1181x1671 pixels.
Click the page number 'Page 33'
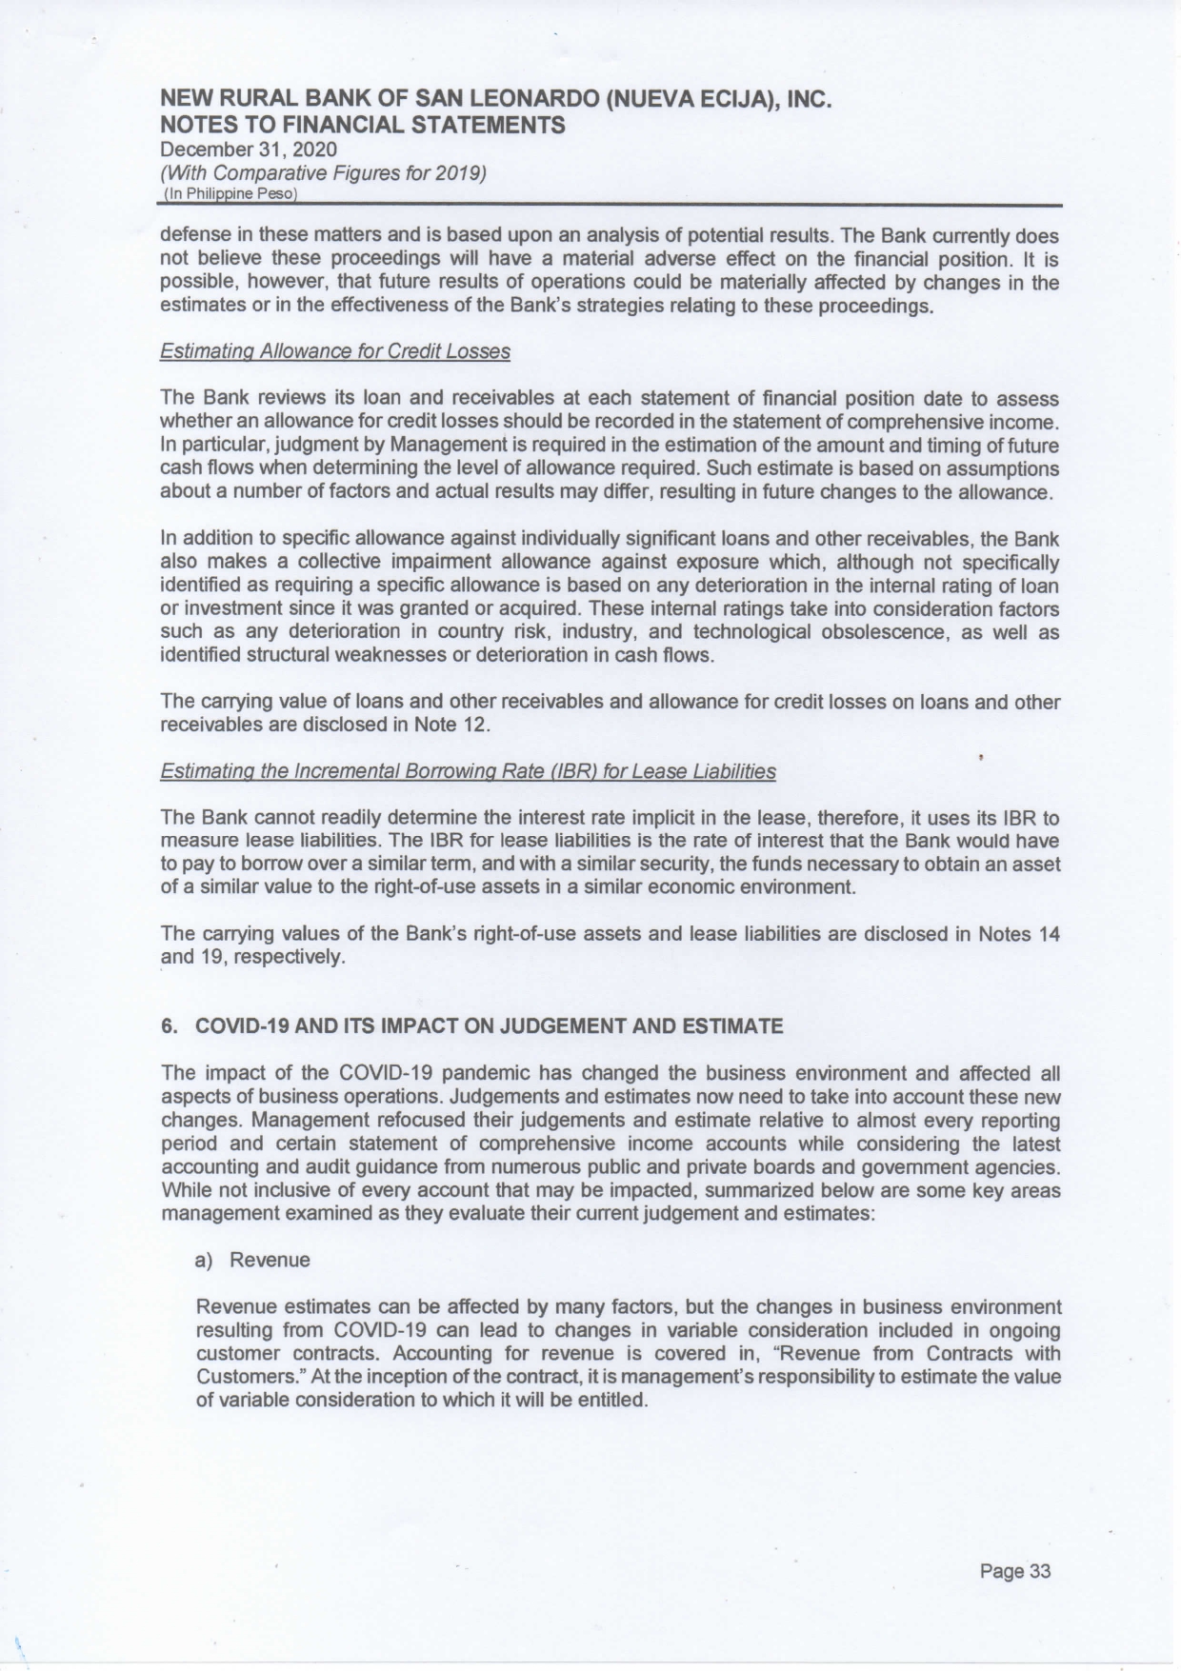[x=1014, y=1571]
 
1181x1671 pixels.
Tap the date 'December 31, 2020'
[x=249, y=149]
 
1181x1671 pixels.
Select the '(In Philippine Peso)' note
[x=231, y=194]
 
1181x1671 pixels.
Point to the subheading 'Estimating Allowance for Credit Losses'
[x=335, y=351]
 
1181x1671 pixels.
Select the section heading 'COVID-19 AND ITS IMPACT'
[x=489, y=1025]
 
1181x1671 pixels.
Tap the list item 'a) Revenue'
[x=252, y=1260]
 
